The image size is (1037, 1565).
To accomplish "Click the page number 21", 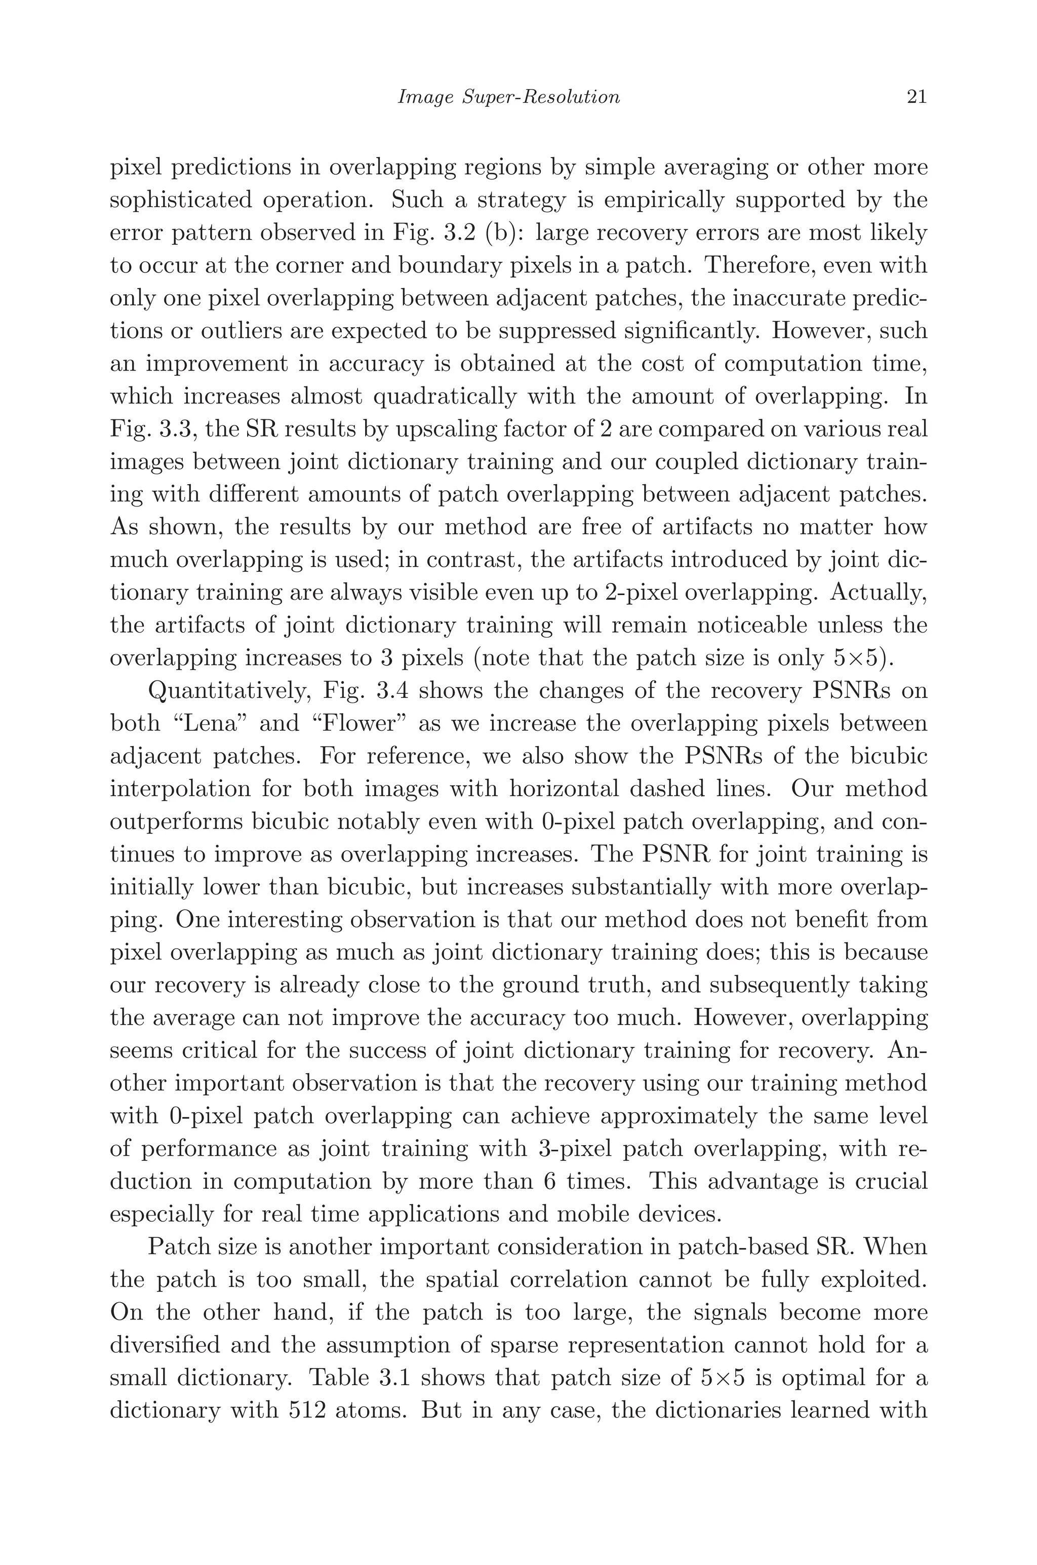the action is tap(916, 97).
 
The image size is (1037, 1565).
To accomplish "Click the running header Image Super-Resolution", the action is tap(508, 97).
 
